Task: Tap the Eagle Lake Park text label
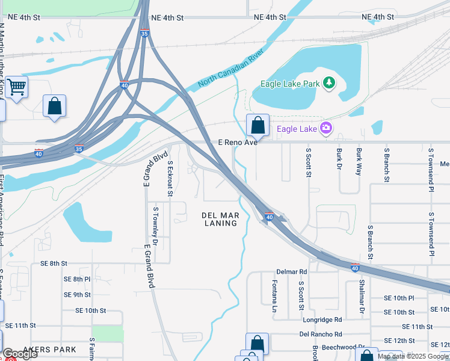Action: pos(289,84)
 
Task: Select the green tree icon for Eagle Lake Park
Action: pos(329,83)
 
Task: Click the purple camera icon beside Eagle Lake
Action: pos(326,128)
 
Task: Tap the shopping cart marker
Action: pos(17,88)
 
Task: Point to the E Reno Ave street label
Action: pos(238,143)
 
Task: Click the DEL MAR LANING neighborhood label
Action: pos(220,219)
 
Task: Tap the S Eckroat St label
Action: pos(170,179)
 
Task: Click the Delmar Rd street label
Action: pos(291,271)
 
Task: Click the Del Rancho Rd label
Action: pos(320,334)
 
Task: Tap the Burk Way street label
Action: pos(359,161)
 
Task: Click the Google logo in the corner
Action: pos(20,354)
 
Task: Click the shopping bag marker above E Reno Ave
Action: pos(257,126)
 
